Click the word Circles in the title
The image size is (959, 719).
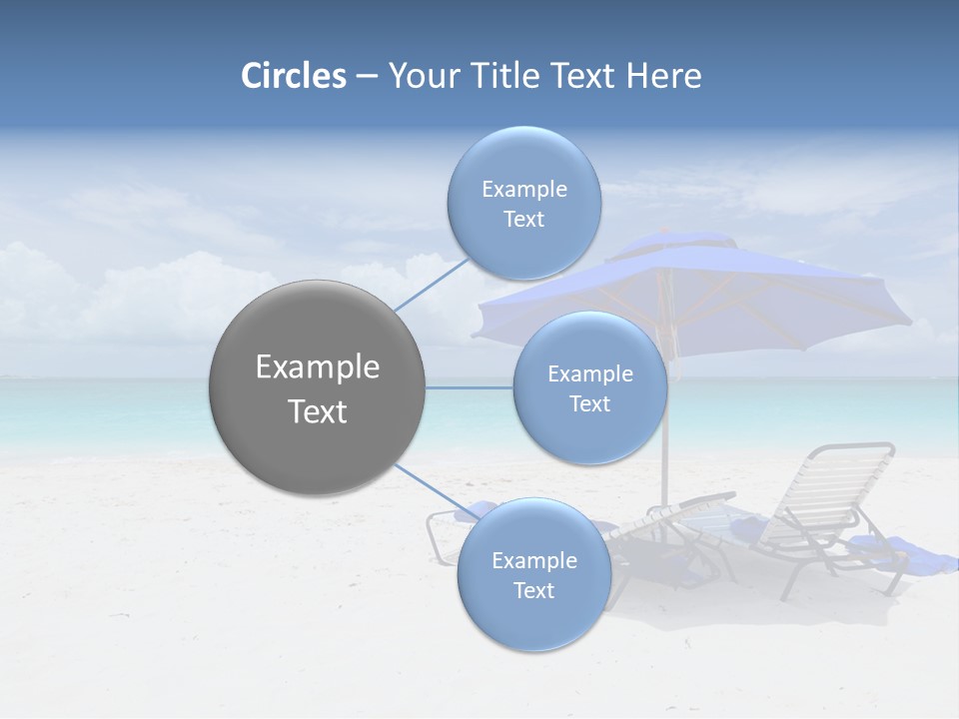point(294,76)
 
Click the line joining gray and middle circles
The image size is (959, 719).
point(470,387)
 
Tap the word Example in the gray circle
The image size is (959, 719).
point(318,367)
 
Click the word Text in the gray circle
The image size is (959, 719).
point(318,411)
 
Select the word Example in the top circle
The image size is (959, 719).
point(524,190)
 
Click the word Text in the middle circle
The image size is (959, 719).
point(589,404)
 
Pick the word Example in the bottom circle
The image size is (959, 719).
point(534,561)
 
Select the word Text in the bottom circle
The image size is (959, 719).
point(533,591)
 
